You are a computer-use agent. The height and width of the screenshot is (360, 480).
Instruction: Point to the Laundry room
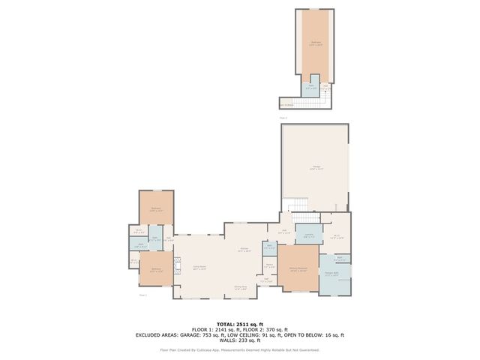[308, 234]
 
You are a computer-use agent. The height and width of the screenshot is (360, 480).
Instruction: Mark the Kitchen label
[244, 249]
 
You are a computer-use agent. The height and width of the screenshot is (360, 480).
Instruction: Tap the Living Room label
[199, 267]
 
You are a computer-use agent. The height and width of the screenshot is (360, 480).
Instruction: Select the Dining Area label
[240, 288]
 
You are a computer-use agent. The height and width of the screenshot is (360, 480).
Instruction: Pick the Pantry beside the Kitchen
[268, 265]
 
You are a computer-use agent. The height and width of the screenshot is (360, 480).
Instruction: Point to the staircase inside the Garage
[298, 204]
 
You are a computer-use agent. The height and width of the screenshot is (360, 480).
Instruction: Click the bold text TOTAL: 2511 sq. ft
[239, 324]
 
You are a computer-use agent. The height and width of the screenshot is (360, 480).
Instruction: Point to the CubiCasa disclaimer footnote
[239, 349]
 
